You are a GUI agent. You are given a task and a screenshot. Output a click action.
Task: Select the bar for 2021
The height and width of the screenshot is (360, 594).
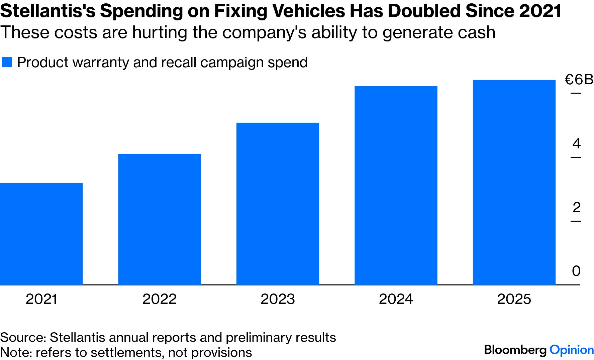pyautogui.click(x=41, y=234)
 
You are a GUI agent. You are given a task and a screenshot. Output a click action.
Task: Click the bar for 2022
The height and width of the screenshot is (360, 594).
pyautogui.click(x=160, y=219)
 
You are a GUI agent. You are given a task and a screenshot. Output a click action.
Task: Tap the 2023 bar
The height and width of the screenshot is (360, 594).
pyautogui.click(x=278, y=204)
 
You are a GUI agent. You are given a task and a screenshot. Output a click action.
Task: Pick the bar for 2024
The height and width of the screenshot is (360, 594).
pyautogui.click(x=396, y=185)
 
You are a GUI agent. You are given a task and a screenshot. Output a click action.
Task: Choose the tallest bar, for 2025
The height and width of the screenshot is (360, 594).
pyautogui.click(x=514, y=182)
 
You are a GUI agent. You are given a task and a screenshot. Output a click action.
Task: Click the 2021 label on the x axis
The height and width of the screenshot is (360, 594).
pyautogui.click(x=41, y=299)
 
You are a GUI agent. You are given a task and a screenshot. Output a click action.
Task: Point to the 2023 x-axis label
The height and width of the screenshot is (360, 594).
pyautogui.click(x=278, y=299)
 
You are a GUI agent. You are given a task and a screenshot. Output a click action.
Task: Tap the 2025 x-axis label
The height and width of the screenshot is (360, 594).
pyautogui.click(x=514, y=299)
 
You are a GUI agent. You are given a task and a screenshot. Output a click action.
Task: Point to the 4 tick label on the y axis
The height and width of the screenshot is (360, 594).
pyautogui.click(x=576, y=143)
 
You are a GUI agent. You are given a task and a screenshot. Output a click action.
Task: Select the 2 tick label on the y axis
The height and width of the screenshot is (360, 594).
pyautogui.click(x=576, y=208)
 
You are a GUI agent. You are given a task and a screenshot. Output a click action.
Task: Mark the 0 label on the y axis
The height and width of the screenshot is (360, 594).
pyautogui.click(x=576, y=271)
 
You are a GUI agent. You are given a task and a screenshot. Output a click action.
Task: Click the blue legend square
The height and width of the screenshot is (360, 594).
pyautogui.click(x=7, y=63)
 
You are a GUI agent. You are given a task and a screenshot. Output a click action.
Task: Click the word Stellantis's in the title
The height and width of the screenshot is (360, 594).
pyautogui.click(x=47, y=11)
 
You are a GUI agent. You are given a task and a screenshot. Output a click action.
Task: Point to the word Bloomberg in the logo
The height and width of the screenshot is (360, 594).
pyautogui.click(x=515, y=350)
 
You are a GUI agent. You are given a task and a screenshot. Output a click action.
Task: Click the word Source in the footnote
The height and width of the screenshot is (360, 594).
pyautogui.click(x=23, y=338)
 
